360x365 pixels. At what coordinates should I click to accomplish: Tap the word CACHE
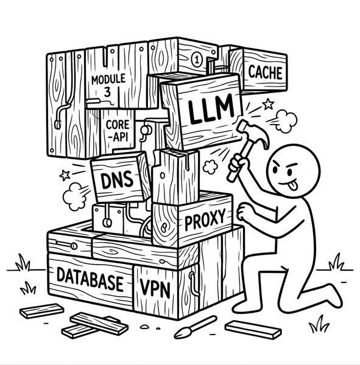pyautogui.click(x=265, y=72)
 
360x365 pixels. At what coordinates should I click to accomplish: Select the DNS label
pyautogui.click(x=118, y=181)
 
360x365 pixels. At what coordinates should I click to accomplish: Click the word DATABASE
pyautogui.click(x=90, y=279)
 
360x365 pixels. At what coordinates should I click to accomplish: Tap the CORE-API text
pyautogui.click(x=118, y=131)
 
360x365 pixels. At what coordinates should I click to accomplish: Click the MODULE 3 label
pyautogui.click(x=108, y=85)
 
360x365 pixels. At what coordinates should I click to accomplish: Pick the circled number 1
pyautogui.click(x=197, y=60)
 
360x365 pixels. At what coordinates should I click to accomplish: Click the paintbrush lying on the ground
pyautogui.click(x=195, y=327)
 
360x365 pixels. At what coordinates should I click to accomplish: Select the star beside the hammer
pyautogui.click(x=268, y=103)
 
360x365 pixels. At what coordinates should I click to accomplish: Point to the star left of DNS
pyautogui.click(x=65, y=175)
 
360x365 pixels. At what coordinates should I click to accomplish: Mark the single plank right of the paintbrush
pyautogui.click(x=253, y=329)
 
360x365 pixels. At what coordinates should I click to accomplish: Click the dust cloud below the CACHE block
pyautogui.click(x=286, y=121)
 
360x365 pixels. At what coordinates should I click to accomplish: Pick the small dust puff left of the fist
pyautogui.click(x=210, y=166)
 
